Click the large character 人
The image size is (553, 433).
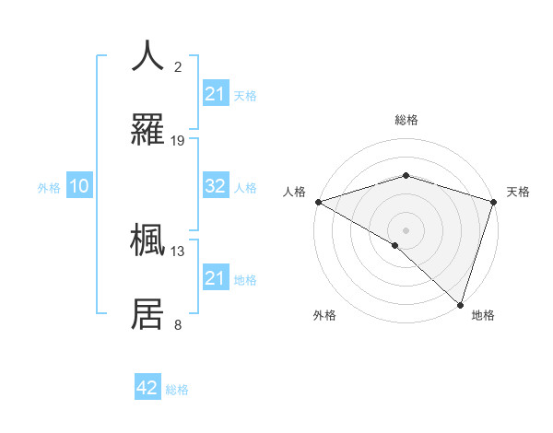click(148, 55)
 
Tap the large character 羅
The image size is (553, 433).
click(148, 130)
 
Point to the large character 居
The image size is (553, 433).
click(148, 314)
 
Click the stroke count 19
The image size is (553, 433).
click(178, 141)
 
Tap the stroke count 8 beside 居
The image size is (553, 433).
click(178, 324)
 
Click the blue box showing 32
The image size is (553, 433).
click(216, 186)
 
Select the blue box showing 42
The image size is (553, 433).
click(147, 388)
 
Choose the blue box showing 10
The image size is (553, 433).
click(79, 186)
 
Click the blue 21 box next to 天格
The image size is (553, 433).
click(216, 94)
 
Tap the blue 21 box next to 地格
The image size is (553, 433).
click(216, 278)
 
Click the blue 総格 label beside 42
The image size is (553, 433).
click(177, 390)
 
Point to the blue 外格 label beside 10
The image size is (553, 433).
click(49, 188)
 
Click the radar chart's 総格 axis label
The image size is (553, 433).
click(406, 120)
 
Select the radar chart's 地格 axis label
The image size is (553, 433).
click(483, 315)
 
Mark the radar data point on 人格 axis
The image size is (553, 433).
click(318, 202)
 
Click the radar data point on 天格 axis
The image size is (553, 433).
click(493, 202)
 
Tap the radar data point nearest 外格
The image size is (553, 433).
click(395, 245)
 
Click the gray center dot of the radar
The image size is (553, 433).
click(406, 230)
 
